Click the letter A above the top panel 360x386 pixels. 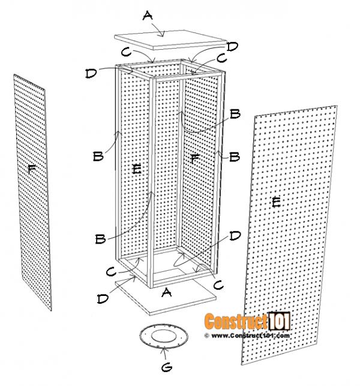(148, 17)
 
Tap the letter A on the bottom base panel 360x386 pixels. (167, 292)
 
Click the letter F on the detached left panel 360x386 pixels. (31, 170)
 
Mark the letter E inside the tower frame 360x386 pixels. (136, 170)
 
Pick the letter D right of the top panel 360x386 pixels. (232, 46)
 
